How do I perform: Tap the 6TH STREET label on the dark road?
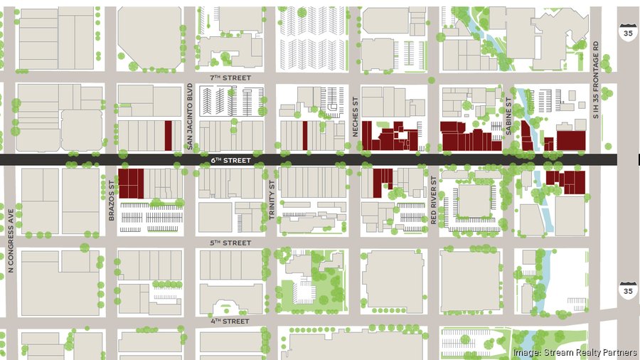(232, 161)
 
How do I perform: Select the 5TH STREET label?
(232, 243)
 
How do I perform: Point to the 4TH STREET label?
(231, 321)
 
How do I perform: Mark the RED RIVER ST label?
(433, 201)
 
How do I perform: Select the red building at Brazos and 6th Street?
(131, 183)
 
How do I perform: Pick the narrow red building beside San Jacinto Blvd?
(169, 135)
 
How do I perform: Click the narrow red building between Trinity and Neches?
(305, 136)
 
